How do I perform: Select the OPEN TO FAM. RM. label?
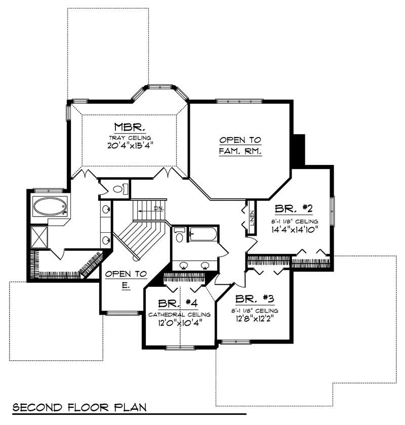[240, 145]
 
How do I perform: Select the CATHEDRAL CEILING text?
[179, 314]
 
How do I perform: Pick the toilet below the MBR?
[118, 189]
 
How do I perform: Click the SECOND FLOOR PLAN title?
[79, 407]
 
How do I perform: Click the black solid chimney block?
[299, 149]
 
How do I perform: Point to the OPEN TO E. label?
[126, 280]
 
